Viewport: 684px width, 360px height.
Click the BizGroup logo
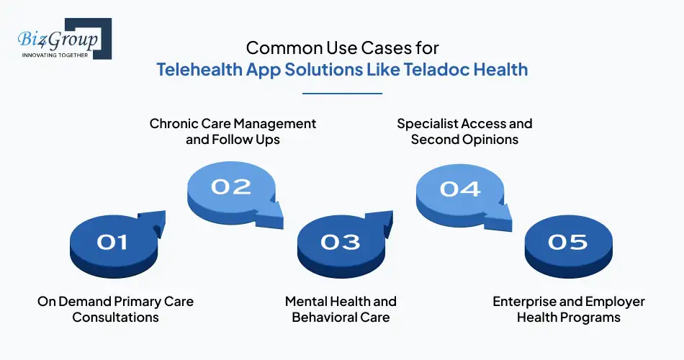pos(61,39)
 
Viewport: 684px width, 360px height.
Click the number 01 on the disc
pos(112,242)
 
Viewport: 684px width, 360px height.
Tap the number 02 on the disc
pos(231,187)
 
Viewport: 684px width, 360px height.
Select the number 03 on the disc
pos(341,242)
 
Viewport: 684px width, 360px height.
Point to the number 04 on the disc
pos(460,189)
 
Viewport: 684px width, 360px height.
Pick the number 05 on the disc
pos(568,242)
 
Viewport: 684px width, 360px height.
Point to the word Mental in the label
pos(308,301)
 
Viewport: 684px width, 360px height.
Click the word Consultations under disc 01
pos(115,317)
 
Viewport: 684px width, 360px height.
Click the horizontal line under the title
pos(342,93)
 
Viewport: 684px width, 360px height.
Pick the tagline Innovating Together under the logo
pos(54,55)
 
